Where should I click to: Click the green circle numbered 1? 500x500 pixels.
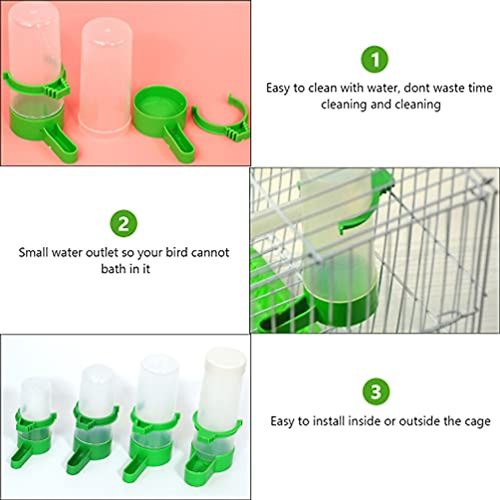point(375,60)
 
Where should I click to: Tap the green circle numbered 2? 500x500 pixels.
point(123,224)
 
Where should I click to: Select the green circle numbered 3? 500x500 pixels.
point(376,392)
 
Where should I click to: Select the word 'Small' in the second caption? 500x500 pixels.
point(34,252)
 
